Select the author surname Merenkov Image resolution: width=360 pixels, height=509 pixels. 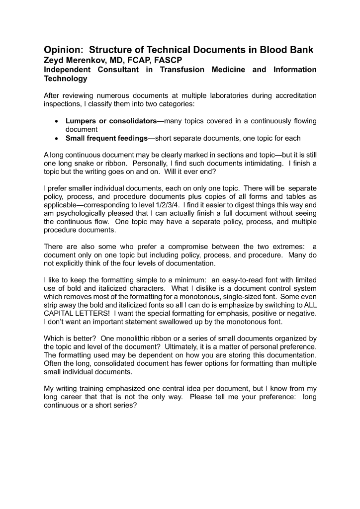point(89,60)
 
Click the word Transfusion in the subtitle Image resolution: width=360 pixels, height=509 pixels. point(182,70)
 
